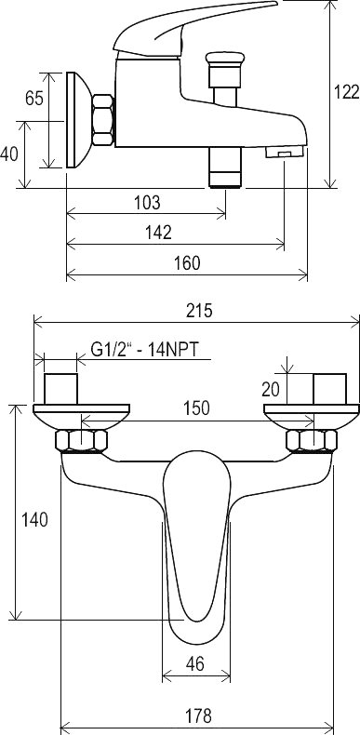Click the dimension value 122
pos(346,92)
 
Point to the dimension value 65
pos(34,99)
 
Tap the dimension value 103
pos(147,203)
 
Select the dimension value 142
pos(159,233)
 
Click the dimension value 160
pos(188,263)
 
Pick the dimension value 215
pos(199,311)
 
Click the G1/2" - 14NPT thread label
pos(145,350)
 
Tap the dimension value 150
pos(197,408)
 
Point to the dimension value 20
pos(271,389)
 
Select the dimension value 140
pos(34,520)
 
